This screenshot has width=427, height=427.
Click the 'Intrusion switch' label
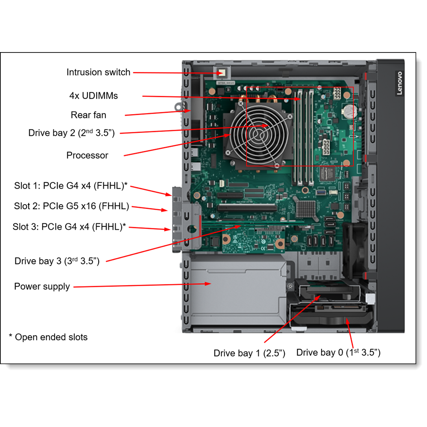[98, 72]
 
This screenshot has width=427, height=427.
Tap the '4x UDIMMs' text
[94, 95]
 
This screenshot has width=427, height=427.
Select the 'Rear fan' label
[88, 115]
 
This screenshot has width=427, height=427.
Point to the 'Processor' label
[87, 155]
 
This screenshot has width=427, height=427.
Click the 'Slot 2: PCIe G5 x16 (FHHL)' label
[71, 206]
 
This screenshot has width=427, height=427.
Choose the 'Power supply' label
[42, 286]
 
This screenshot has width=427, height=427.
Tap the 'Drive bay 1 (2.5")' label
[249, 353]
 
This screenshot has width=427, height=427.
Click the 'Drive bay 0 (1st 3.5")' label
[338, 352]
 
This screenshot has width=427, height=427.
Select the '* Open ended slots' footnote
[48, 337]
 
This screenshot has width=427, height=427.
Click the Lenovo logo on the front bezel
[399, 83]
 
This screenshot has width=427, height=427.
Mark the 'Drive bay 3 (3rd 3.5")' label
[57, 261]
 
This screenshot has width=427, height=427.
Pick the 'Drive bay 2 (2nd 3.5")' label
[71, 133]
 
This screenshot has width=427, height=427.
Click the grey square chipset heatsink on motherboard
[305, 208]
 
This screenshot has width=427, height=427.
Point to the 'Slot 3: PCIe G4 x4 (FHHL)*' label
[69, 227]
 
